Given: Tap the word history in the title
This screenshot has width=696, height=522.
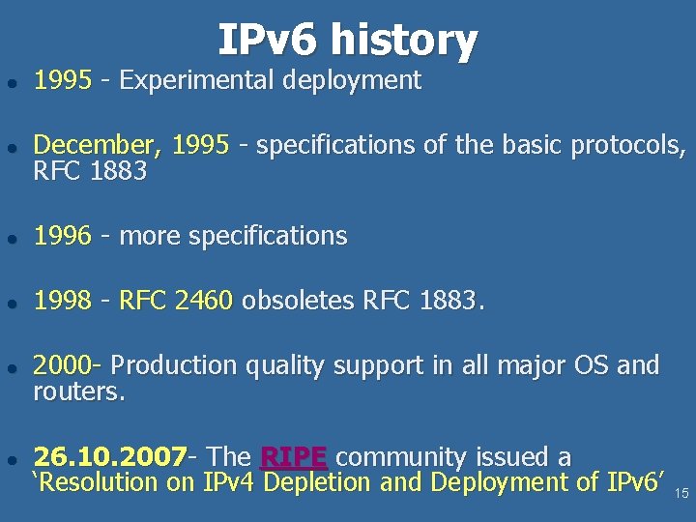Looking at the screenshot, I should point(403,41).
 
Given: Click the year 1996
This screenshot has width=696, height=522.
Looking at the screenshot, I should point(63,236).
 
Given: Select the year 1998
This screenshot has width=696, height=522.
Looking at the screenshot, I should point(63,302).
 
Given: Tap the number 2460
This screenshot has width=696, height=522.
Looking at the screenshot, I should point(204,302).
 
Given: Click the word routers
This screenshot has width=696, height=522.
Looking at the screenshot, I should point(79,392).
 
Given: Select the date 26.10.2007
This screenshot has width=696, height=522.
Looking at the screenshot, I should point(110,456).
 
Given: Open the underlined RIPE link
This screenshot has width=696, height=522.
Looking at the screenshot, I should point(294,456).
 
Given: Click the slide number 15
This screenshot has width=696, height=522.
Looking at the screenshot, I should point(681,494).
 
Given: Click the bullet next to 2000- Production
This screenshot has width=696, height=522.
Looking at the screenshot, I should point(12,367).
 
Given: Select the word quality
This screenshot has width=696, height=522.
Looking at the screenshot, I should point(285,366).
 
